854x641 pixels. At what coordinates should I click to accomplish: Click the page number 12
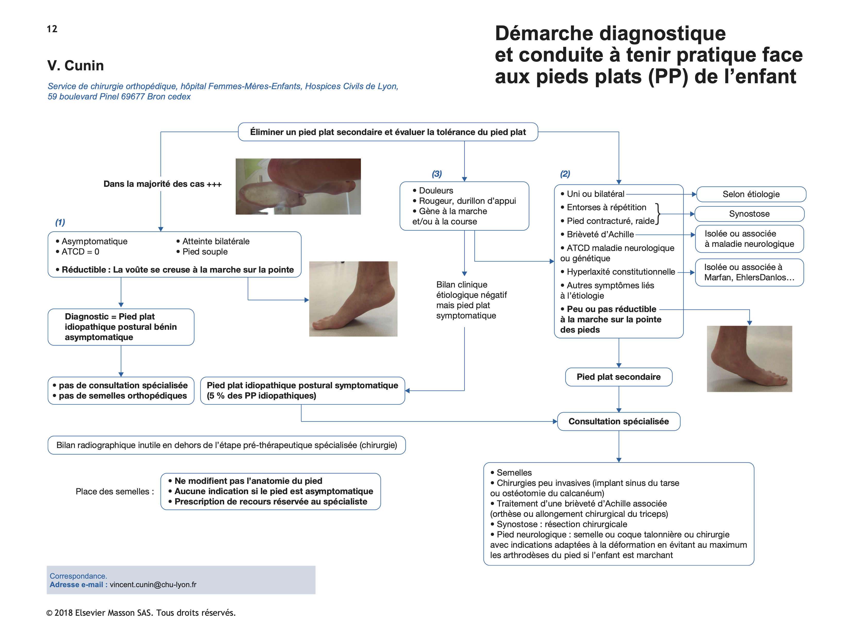point(52,29)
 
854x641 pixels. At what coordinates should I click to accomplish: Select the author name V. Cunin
point(76,66)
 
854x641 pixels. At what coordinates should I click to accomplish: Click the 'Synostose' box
point(749,214)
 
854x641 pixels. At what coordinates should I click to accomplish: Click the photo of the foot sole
point(298,187)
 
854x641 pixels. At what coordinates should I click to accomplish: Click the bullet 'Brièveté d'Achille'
point(600,234)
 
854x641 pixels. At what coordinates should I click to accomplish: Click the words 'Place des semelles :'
point(115,492)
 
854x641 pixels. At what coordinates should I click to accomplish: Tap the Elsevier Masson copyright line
point(141,613)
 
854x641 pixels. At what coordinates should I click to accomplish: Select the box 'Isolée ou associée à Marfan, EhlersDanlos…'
point(749,272)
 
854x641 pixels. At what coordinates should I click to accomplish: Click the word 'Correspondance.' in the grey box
point(78,576)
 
